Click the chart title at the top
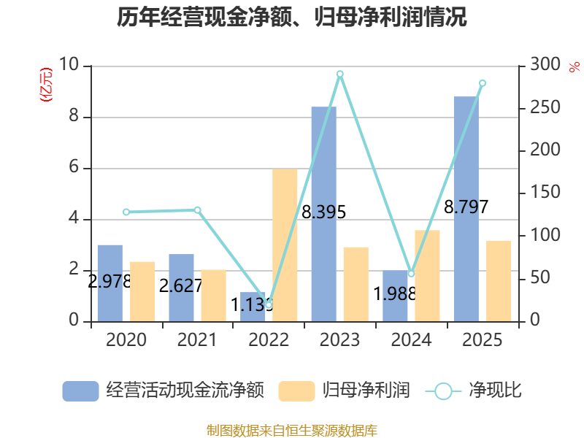292,18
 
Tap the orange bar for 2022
285,245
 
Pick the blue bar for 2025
466,209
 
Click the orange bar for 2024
427,275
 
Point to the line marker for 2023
339,74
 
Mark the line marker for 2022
268,304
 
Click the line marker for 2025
482,83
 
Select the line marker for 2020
126,212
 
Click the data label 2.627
180,286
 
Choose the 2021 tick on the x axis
197,340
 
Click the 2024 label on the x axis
411,340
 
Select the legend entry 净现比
495,391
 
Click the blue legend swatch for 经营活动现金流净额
80,391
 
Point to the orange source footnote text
292,431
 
